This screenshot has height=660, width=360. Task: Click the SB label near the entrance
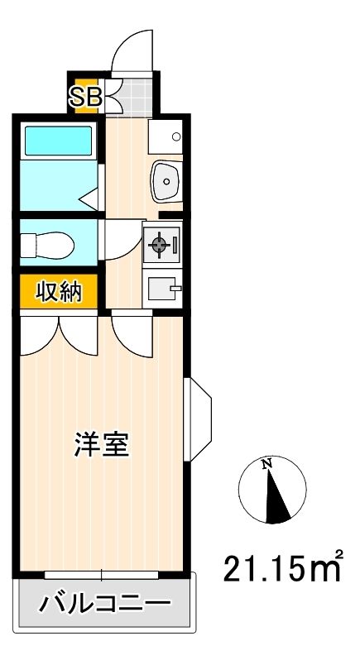(x=85, y=98)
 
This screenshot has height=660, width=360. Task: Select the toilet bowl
(x=47, y=245)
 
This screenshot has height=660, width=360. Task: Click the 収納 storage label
(x=59, y=291)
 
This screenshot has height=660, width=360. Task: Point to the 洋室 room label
(x=102, y=444)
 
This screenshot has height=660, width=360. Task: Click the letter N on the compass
(x=266, y=464)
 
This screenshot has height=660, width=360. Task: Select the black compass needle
(x=276, y=497)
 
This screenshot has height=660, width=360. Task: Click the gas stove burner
(x=159, y=244)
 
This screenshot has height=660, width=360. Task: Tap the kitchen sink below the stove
(x=162, y=289)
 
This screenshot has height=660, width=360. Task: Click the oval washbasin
(x=166, y=181)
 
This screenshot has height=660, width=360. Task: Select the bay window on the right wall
(x=198, y=419)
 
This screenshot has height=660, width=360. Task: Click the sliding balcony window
(x=102, y=575)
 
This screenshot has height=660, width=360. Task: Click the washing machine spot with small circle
(x=166, y=136)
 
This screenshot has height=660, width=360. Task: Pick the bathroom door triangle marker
(x=89, y=198)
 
